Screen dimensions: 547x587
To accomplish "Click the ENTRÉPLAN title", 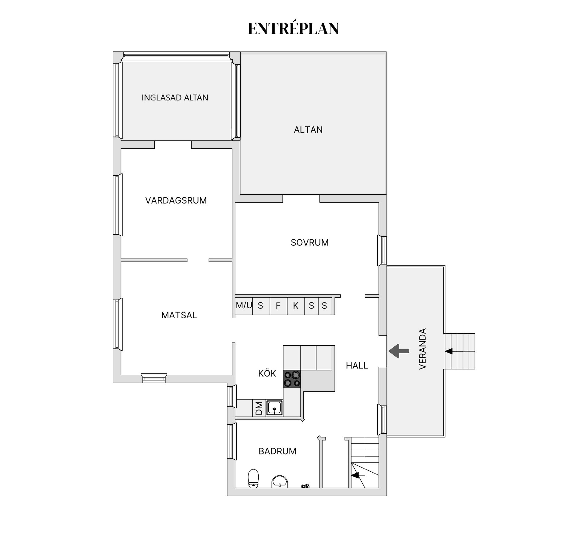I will (x=293, y=29).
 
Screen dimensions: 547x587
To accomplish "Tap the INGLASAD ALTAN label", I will (x=175, y=98).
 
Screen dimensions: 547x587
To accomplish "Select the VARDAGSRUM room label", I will (x=176, y=200).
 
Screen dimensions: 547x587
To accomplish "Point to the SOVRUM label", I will (x=309, y=243).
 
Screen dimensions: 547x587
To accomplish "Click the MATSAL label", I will (x=179, y=315).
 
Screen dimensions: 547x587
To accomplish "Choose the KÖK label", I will (x=267, y=373).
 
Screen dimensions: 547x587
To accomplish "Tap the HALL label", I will (x=356, y=365).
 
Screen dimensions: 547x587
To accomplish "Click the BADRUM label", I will (x=277, y=451).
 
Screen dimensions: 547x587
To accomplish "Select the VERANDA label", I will (x=423, y=349).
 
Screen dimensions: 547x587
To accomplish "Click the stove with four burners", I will (x=292, y=379).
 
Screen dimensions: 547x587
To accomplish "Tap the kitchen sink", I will (x=274, y=408).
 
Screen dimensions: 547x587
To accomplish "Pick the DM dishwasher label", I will (x=259, y=408).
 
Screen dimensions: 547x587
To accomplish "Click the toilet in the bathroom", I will (x=253, y=478).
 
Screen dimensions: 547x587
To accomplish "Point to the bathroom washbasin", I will (x=279, y=481).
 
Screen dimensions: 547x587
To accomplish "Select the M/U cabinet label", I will (x=244, y=305).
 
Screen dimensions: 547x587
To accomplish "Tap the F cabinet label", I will (x=278, y=306).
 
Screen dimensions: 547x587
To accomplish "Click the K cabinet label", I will (x=295, y=306).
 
